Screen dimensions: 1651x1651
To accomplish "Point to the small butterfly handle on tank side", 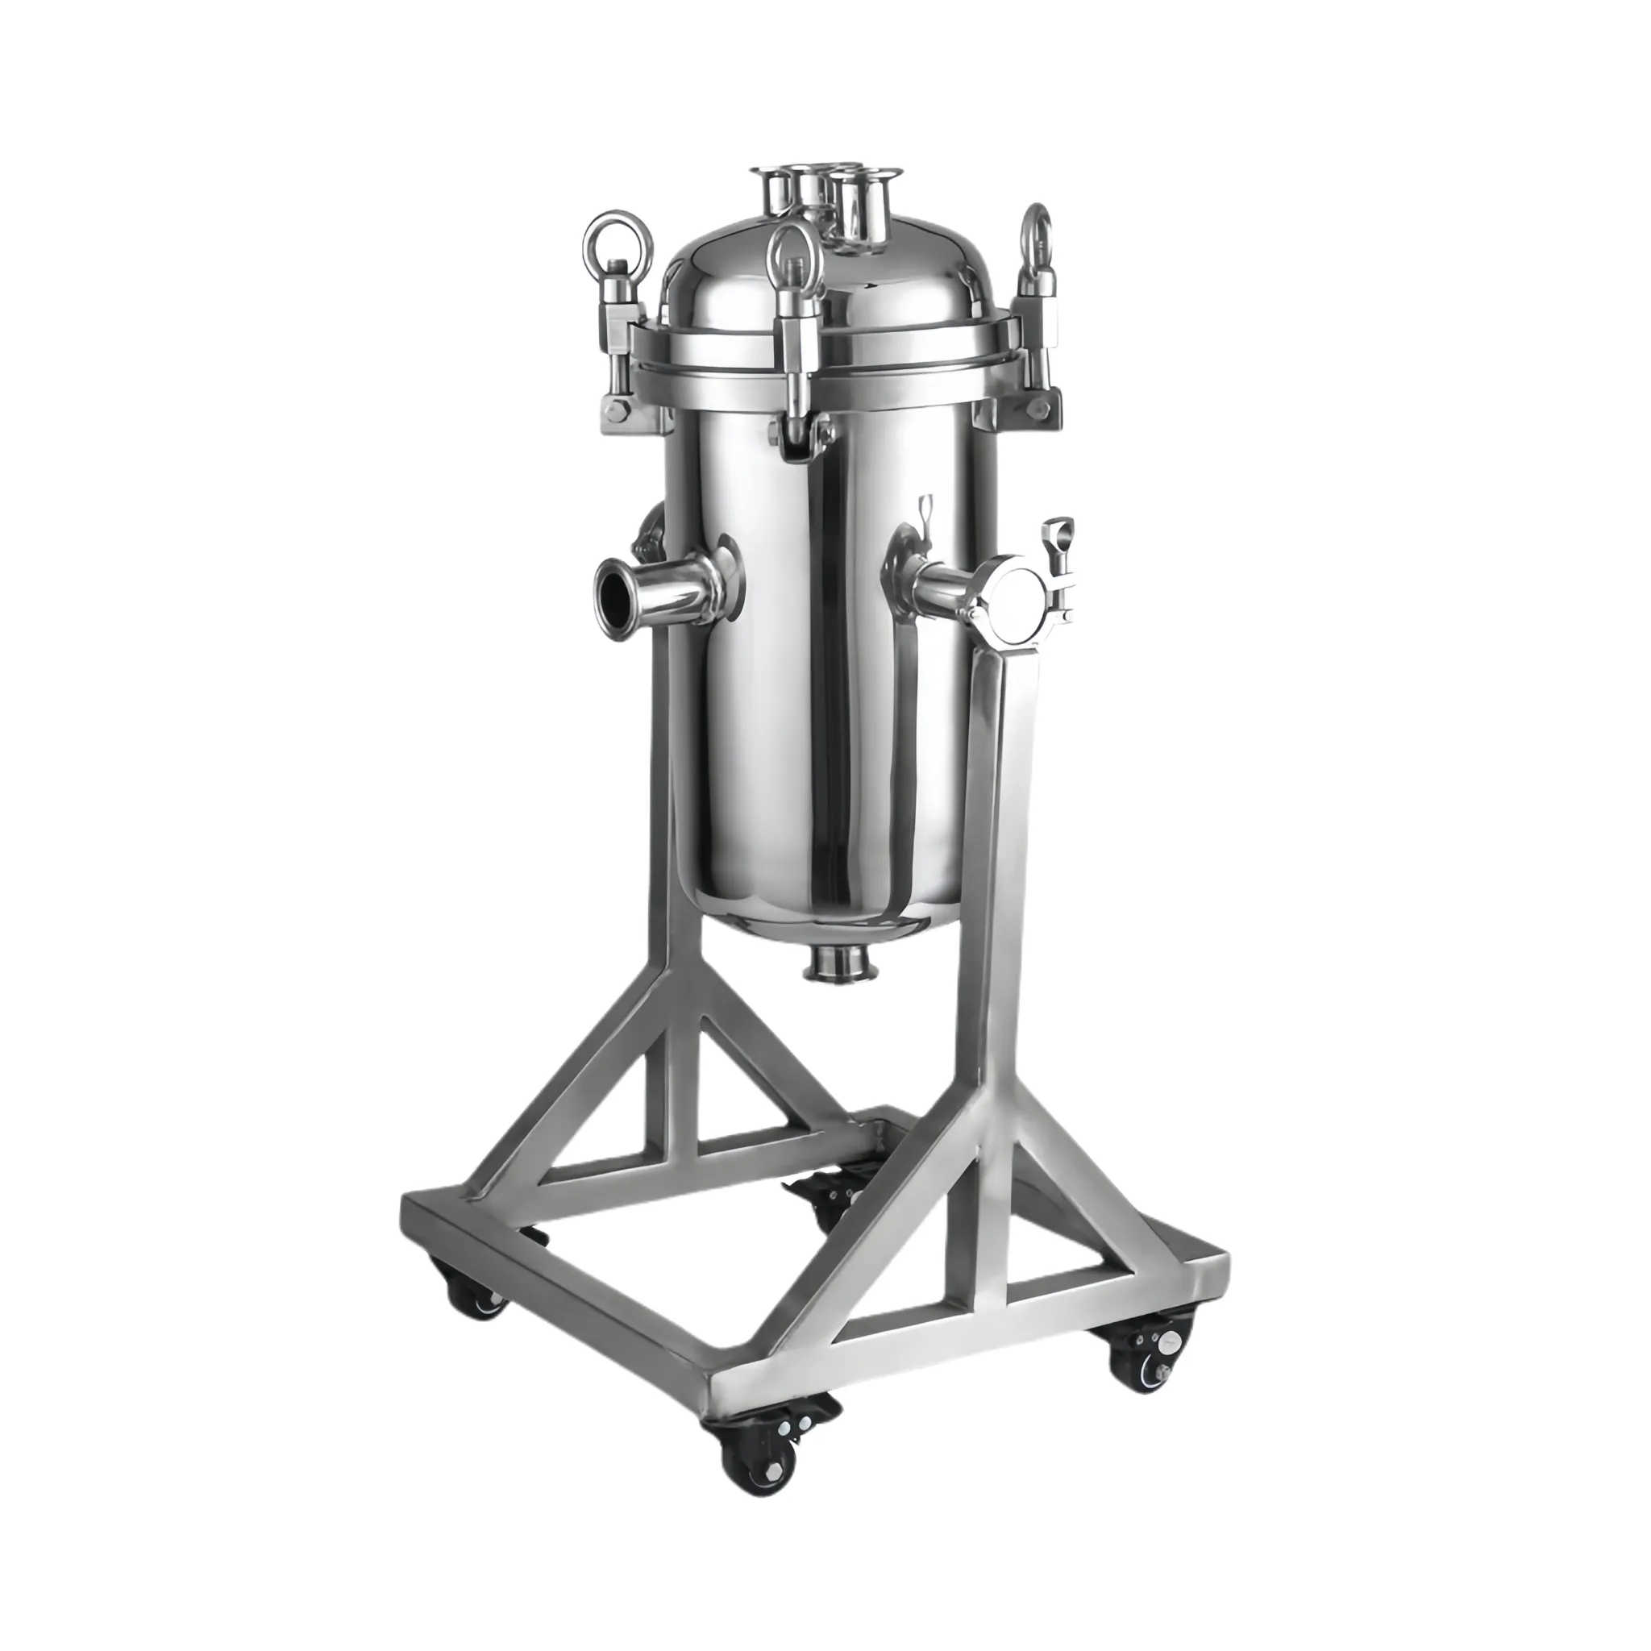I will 925,522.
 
